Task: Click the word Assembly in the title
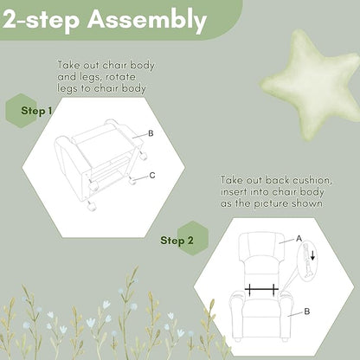coord(147,21)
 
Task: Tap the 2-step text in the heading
coord(41,20)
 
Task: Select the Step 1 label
coord(36,111)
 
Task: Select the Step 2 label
coord(177,241)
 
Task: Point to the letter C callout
coord(152,176)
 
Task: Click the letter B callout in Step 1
coord(151,133)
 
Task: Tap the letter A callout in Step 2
coord(299,239)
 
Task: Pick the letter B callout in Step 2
coord(307,312)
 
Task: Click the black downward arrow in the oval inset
coord(312,255)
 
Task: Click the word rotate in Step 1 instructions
coord(120,77)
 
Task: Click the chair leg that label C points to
coord(133,181)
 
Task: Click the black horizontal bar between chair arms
coord(261,289)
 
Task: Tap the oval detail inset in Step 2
coord(307,261)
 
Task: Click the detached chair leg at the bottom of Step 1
coord(92,207)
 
